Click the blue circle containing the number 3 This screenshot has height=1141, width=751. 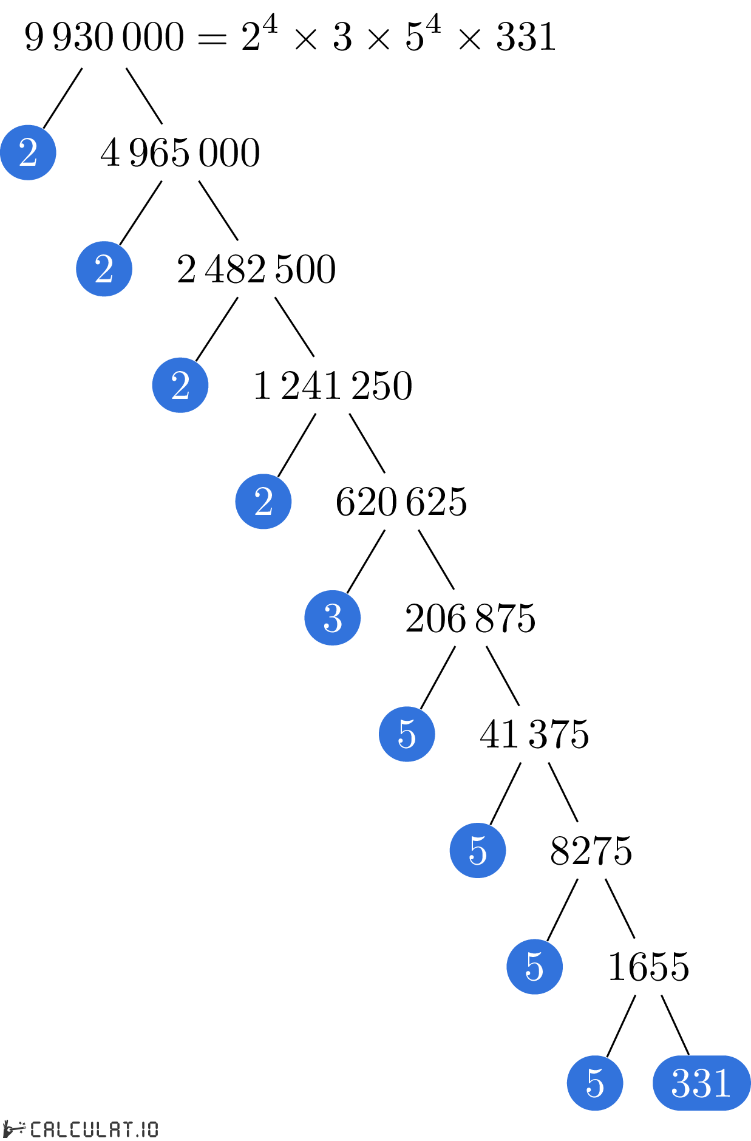coord(332,618)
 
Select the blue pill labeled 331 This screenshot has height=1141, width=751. coord(701,1083)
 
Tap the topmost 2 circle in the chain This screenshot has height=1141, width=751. coord(28,152)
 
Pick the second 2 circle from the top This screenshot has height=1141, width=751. coord(104,268)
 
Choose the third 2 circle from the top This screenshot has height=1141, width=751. coord(180,385)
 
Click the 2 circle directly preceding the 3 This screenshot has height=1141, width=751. coord(263,501)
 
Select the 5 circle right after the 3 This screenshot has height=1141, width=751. coord(407,734)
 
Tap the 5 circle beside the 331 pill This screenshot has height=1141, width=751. coord(594,1083)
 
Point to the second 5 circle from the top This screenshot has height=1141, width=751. coord(477,850)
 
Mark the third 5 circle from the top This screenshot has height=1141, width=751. coord(534,966)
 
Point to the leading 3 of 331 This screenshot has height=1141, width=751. coord(681,1083)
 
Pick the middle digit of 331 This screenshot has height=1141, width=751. coord(701,1083)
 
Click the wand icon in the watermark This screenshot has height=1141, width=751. coord(13,1129)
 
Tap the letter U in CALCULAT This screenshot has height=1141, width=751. coord(87,1129)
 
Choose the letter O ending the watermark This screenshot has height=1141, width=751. coord(152,1129)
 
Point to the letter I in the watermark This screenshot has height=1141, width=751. coord(144,1129)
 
